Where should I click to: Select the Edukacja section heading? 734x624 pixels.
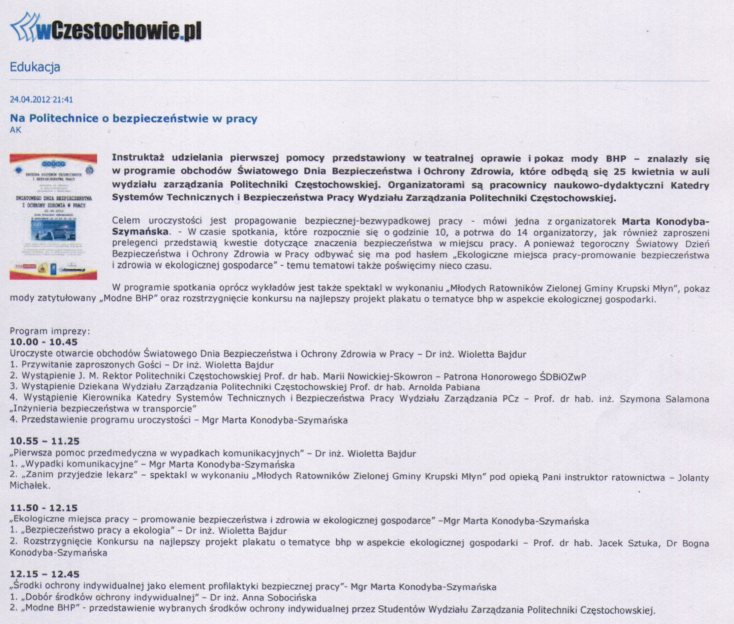coord(35,67)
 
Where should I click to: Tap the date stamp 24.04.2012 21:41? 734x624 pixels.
coord(41,100)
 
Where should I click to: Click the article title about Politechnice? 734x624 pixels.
coord(133,119)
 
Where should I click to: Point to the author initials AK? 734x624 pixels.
coord(16,130)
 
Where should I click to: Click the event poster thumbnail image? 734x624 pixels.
coord(53,216)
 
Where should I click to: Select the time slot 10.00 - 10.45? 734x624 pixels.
coord(43,342)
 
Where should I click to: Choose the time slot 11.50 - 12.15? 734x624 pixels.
coord(43,508)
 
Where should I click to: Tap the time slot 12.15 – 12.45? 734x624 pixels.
coord(44,574)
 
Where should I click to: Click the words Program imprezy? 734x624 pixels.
coord(50,331)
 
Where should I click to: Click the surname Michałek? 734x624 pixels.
coord(30,486)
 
